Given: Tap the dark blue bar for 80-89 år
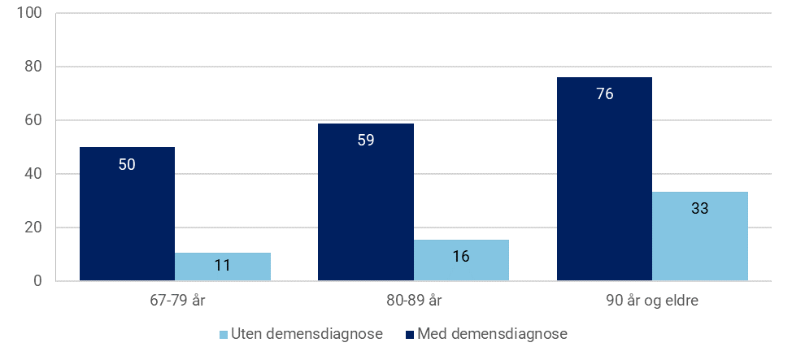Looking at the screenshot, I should pyautogui.click(x=366, y=202).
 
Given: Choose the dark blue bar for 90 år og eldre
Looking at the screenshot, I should pyautogui.click(x=604, y=179).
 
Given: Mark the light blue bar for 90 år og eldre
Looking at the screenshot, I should pyautogui.click(x=699, y=236).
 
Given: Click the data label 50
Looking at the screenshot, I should pyautogui.click(x=127, y=164).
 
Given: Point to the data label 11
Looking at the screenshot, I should pyautogui.click(x=222, y=264).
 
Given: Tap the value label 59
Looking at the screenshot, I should pyautogui.click(x=366, y=140).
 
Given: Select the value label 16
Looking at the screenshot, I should pyautogui.click(x=461, y=256).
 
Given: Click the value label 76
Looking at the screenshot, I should pyautogui.click(x=604, y=93).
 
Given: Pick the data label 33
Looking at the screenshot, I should pyautogui.click(x=699, y=208).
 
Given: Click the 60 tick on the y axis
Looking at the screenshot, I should pyautogui.click(x=35, y=120).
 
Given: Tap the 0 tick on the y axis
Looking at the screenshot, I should pyautogui.click(x=38, y=281).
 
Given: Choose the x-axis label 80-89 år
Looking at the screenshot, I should pyautogui.click(x=413, y=301).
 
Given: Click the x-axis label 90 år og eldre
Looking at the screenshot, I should pyautogui.click(x=652, y=301).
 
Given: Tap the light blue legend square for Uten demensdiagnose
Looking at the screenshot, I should pyautogui.click(x=224, y=334).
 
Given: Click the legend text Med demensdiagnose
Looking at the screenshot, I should pyautogui.click(x=493, y=333).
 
